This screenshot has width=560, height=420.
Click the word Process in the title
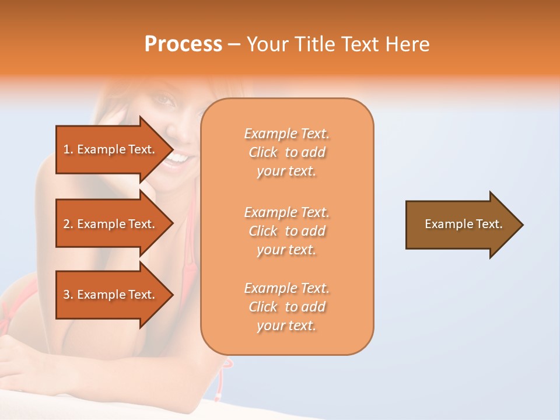coord(183,44)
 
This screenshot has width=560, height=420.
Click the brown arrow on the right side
coord(461,224)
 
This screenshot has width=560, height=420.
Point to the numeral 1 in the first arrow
coord(66,149)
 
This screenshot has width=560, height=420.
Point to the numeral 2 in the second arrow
coord(66,224)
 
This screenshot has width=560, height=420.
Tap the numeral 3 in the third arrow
coord(66,295)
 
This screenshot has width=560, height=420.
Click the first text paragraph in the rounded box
coord(286,152)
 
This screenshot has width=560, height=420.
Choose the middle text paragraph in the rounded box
coord(286,231)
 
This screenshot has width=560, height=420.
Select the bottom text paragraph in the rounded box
coord(286,307)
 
